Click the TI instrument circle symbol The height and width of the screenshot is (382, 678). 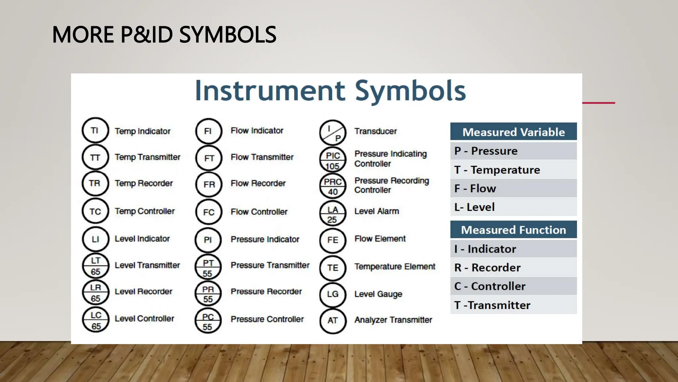[95, 130]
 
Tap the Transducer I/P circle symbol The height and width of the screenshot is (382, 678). [333, 133]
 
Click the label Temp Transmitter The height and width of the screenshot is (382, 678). [147, 157]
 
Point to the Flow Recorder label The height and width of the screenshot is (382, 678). [258, 183]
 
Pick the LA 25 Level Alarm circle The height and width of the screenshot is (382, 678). [333, 214]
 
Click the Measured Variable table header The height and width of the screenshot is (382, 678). [513, 132]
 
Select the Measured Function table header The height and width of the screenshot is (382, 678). [513, 230]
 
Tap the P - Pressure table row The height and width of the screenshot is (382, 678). [513, 151]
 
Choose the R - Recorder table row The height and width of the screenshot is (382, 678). [513, 268]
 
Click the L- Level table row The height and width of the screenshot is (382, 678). [513, 207]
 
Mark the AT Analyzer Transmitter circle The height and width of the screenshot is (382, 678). [333, 321]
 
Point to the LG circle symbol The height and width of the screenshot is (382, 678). [333, 294]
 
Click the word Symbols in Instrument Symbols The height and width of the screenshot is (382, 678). [411, 91]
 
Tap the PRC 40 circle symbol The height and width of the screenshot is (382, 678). [333, 186]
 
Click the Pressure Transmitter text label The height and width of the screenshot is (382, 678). [270, 265]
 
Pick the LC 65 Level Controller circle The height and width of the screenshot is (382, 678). [96, 320]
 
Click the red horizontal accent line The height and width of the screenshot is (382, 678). [599, 103]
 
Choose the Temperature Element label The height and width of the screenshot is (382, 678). [395, 267]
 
